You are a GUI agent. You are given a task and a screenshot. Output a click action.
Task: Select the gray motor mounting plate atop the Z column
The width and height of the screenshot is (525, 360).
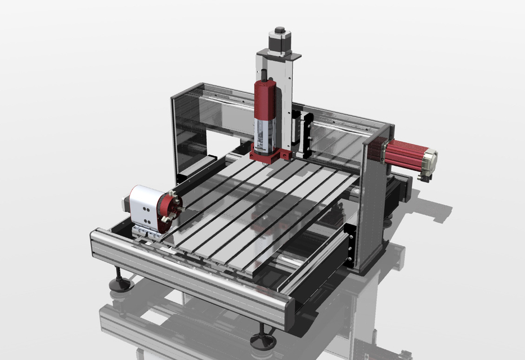tap(280, 55)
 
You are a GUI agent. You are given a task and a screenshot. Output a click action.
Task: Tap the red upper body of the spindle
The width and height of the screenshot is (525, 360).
tap(264, 99)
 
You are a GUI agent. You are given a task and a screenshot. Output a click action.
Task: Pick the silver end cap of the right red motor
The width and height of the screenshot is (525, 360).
tap(430, 160)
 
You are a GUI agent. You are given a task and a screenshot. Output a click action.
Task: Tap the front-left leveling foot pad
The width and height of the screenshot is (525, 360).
tap(120, 284)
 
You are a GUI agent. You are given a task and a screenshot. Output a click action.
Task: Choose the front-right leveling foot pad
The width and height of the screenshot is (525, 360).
tap(263, 339)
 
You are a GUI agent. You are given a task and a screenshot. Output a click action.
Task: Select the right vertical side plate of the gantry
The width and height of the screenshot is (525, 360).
tap(371, 202)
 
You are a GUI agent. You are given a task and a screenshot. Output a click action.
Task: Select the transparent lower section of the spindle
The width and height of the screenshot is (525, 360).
tap(264, 132)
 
